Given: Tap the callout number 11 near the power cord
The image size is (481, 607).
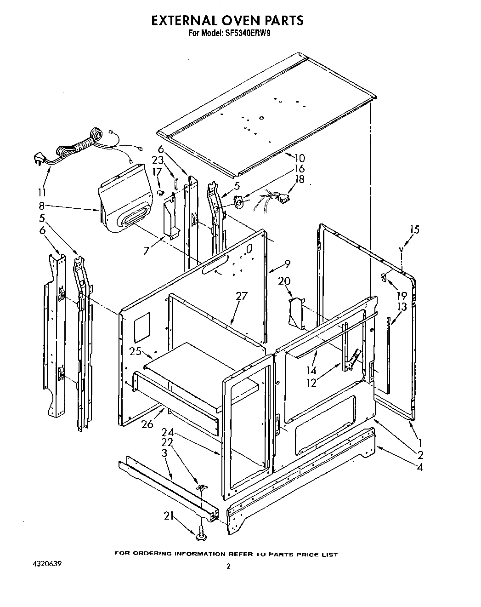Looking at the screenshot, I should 42,192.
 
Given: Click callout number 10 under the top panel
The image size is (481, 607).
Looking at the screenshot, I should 300,158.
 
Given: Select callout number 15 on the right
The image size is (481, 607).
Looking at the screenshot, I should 414,229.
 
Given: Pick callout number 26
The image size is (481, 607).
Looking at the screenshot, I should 147,424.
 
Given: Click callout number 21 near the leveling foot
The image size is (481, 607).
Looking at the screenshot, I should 169,516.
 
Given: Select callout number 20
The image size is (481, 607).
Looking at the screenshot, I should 284,281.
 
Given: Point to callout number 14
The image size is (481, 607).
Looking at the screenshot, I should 311,370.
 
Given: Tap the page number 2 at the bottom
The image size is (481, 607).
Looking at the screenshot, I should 228,567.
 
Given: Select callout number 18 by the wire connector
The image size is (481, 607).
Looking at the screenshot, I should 300,179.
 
